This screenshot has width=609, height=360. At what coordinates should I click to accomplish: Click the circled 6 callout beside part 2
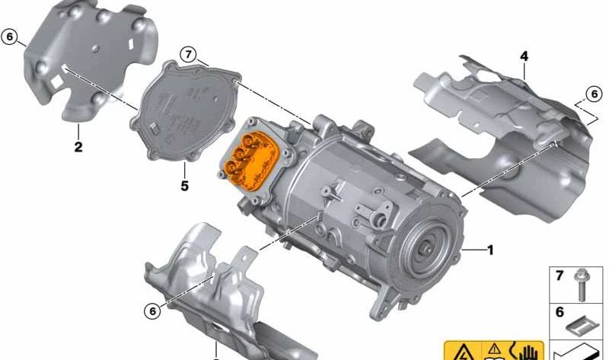pos(9,37)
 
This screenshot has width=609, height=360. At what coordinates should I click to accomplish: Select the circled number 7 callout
pos(188,54)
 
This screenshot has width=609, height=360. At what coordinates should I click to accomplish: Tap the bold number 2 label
pos(78,147)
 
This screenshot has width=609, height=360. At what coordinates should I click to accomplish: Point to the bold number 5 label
pos(184,186)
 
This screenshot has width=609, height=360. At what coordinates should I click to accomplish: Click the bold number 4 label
pos(525,56)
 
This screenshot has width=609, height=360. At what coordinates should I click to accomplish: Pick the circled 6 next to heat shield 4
pos(595,94)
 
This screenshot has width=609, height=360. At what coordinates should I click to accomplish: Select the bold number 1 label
pos(490,250)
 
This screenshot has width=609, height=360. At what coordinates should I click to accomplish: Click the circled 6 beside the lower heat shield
pos(153,311)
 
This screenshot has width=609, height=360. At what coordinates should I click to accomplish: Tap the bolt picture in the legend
pos(582,285)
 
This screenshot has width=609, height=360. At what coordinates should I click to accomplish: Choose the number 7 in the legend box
pos(560,276)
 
